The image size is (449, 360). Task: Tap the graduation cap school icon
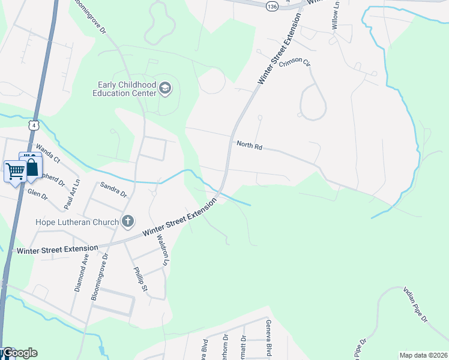pos(165,89)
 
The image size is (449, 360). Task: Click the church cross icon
pos(127,223)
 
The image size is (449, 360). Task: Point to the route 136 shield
pos(273,5)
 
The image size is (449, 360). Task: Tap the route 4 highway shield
pos(34,125)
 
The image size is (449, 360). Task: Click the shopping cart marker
pos(14,171)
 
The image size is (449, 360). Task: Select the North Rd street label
pos(250,145)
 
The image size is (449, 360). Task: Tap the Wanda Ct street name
pos(48,153)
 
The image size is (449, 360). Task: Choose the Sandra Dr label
pos(113,190)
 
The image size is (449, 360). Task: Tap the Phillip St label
pos(140,279)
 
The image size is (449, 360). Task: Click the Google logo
pos(22,353)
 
